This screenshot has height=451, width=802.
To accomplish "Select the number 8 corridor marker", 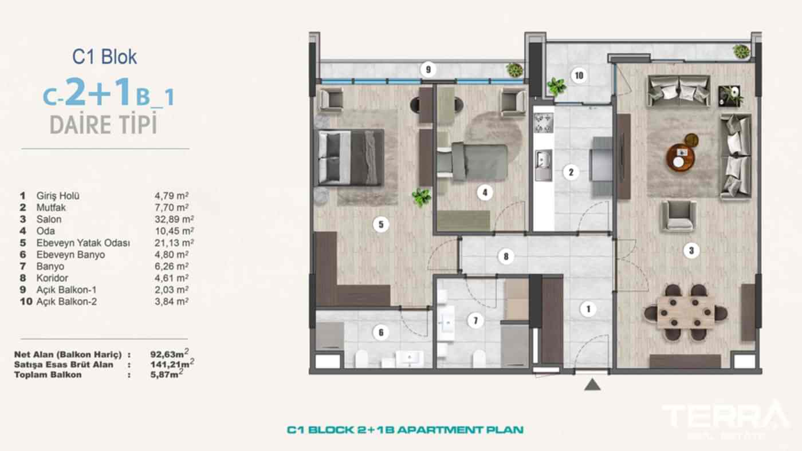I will [505, 256].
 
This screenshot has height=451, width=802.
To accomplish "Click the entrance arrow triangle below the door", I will [592, 384].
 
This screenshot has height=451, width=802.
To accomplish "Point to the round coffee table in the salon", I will [681, 156].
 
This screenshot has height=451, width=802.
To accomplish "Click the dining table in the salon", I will [685, 312].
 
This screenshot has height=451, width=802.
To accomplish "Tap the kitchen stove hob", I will [543, 122].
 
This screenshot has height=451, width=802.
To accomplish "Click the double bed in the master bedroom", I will [349, 157].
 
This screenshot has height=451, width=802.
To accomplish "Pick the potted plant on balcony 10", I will [555, 86].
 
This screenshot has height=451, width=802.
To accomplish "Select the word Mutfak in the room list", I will [51, 208].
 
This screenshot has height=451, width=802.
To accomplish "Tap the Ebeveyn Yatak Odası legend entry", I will [83, 243].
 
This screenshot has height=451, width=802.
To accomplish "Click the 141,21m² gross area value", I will [170, 364].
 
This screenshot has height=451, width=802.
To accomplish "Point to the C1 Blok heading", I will [104, 57].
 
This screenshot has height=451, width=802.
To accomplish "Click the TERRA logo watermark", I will [725, 416].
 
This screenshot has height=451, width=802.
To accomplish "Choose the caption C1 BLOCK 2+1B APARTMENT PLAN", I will [405, 429].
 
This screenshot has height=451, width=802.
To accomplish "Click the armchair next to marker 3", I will [678, 216].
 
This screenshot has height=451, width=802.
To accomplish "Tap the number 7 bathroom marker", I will [474, 321].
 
